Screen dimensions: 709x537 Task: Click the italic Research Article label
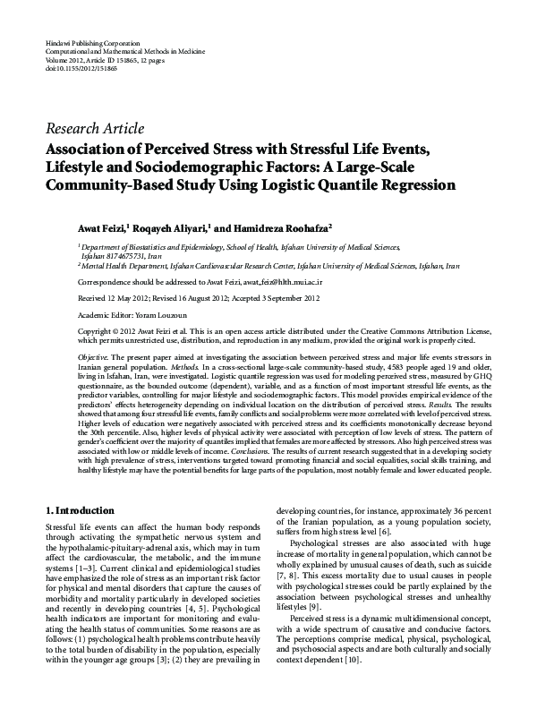[94, 128]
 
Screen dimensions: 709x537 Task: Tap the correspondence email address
[284, 280]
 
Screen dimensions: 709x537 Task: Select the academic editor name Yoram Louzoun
[160, 314]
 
